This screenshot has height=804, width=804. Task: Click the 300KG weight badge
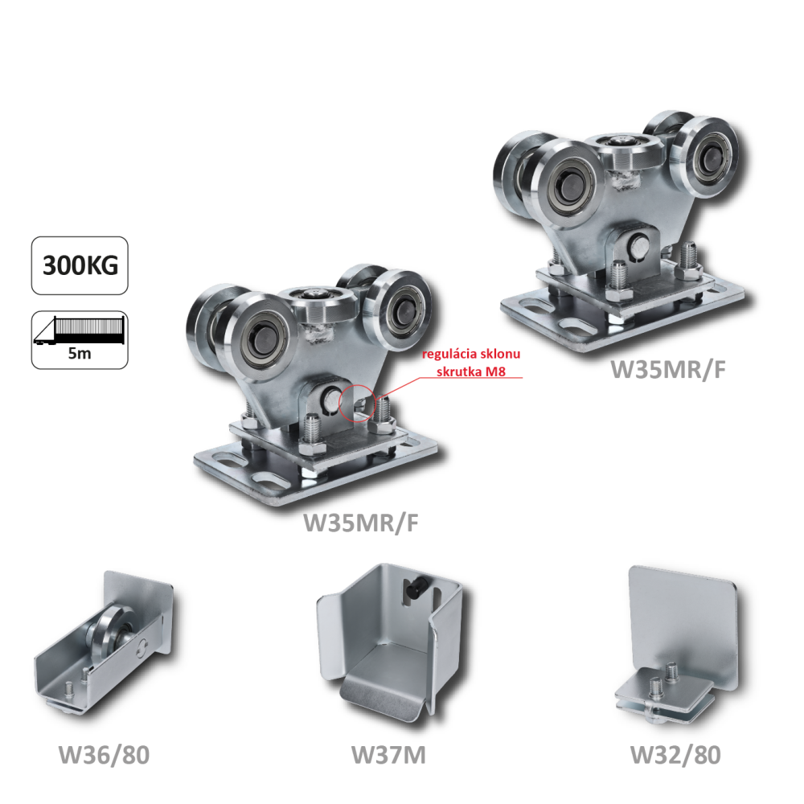point(80,265)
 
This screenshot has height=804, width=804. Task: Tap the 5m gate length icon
point(80,339)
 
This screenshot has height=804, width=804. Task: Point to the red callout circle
point(357,401)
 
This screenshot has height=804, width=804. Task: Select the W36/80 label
point(105,755)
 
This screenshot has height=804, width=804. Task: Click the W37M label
point(388,755)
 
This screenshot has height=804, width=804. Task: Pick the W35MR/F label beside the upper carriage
point(669,369)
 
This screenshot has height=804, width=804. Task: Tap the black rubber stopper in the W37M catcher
point(416,588)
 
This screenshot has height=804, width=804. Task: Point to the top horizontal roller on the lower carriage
point(319,298)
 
